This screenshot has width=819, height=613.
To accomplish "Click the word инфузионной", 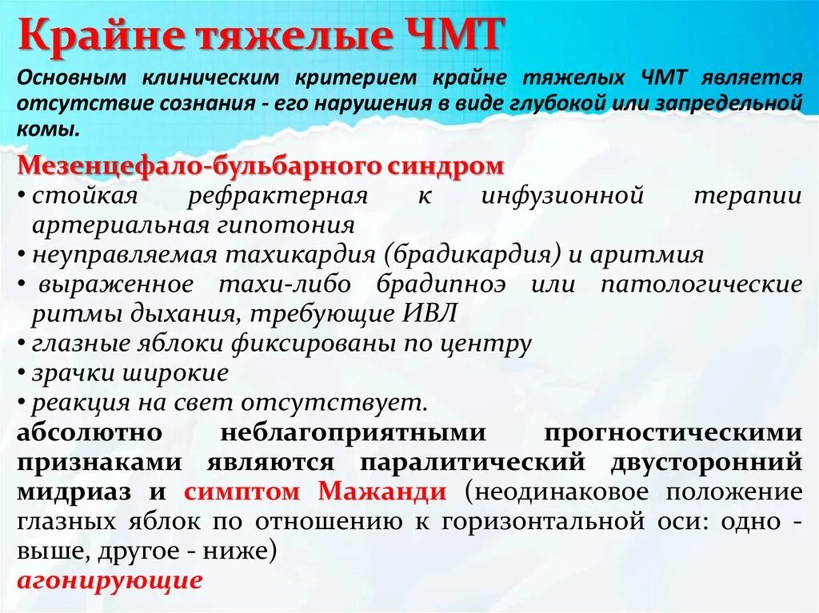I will [563, 196].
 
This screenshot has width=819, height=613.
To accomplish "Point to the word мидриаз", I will [66, 491].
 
